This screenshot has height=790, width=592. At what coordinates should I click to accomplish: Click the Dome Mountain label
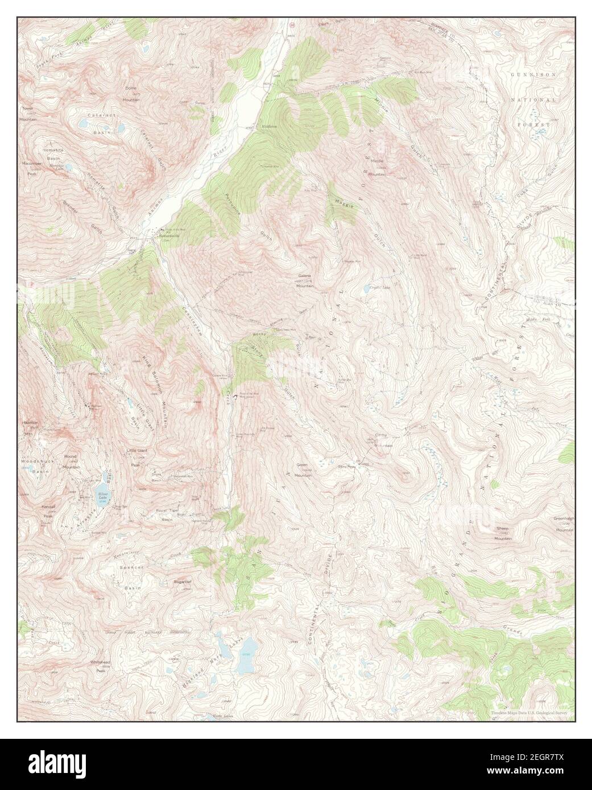point(132,94)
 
